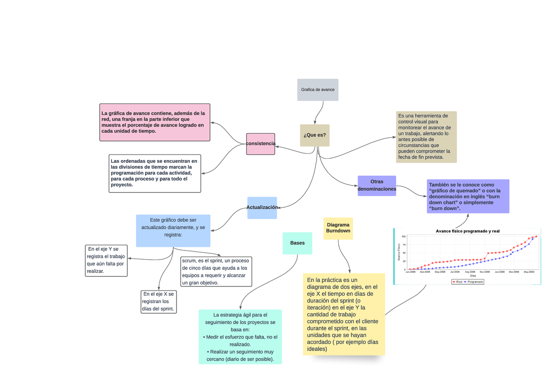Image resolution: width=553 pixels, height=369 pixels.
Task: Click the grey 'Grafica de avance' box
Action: point(318,89)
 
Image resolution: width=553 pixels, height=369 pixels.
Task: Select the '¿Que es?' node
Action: point(315,135)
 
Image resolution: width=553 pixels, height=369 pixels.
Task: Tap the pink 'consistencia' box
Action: point(260,144)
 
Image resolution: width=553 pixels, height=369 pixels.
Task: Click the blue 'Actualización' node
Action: point(262,208)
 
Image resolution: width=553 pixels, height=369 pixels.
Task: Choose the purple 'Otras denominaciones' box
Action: point(377,185)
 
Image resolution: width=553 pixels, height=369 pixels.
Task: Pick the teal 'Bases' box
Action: point(297,243)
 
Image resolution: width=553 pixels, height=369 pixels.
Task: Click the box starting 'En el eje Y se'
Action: point(106,261)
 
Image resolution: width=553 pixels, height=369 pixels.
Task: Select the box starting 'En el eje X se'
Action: point(159,302)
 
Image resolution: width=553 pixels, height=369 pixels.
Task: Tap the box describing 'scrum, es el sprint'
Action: point(216,272)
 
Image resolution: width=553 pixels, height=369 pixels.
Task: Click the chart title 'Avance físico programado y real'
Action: point(467,231)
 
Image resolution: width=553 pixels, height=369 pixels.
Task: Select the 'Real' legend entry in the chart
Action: point(457,282)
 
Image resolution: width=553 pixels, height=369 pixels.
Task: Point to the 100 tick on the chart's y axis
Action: point(403,237)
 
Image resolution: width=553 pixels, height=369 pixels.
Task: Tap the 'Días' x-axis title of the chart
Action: point(473,276)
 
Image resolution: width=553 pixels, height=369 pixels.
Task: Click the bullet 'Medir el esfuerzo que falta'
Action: point(240,337)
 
